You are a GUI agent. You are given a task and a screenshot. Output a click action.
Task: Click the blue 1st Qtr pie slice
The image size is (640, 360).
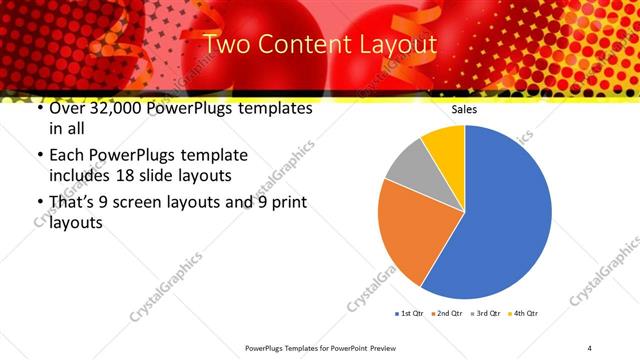pos(505,220)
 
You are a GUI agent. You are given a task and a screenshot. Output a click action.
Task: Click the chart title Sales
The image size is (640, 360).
pos(464,109)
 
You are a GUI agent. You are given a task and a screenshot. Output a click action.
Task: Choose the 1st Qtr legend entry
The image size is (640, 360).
pos(410,314)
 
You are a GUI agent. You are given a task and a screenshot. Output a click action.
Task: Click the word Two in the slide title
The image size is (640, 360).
pos(225,44)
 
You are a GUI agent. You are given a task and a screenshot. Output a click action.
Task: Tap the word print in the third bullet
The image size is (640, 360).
pos(290,202)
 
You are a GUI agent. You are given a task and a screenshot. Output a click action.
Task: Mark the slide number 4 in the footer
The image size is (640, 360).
pos(590,347)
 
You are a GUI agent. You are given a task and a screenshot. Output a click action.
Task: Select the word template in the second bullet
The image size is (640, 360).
pos(212,155)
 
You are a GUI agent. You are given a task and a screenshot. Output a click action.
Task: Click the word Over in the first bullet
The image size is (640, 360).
pos(66,108)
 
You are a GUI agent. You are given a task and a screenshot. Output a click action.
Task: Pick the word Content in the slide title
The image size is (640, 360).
pos(303,44)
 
